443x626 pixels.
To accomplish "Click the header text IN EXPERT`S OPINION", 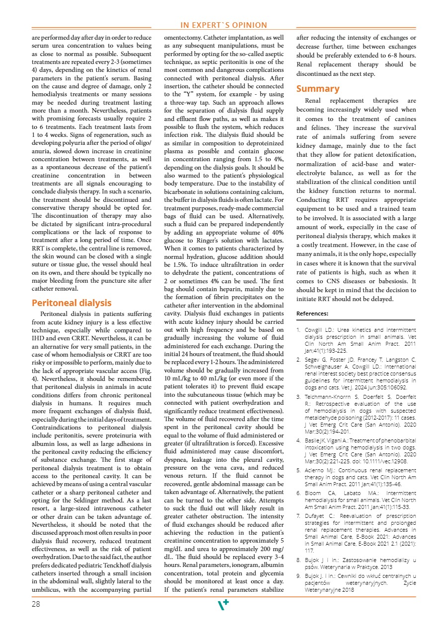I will click(x=223, y=25).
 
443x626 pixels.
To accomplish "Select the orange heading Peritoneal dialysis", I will click(x=72, y=303).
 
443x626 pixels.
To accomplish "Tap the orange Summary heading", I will click(x=318, y=89).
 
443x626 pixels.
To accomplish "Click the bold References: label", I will click(x=312, y=313).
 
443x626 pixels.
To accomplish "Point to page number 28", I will click(x=36, y=604).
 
